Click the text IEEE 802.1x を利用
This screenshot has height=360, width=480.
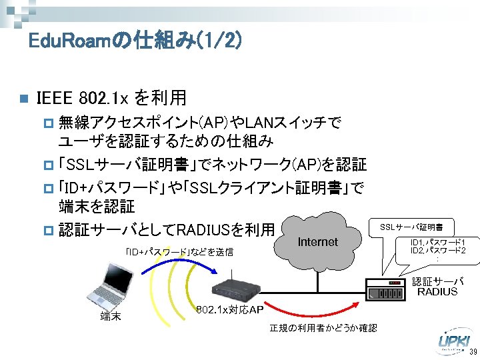tap(112, 99)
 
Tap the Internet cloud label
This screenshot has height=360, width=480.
tap(318, 242)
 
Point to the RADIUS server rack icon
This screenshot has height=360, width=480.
tap(386, 291)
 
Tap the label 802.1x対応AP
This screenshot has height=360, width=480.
tap(230, 311)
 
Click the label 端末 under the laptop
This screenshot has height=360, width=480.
tap(110, 316)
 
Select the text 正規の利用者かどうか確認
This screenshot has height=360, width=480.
tap(323, 328)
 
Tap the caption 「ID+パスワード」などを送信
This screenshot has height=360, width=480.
tap(179, 251)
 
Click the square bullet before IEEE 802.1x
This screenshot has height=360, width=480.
tap(22, 99)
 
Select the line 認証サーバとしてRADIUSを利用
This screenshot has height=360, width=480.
tap(166, 230)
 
